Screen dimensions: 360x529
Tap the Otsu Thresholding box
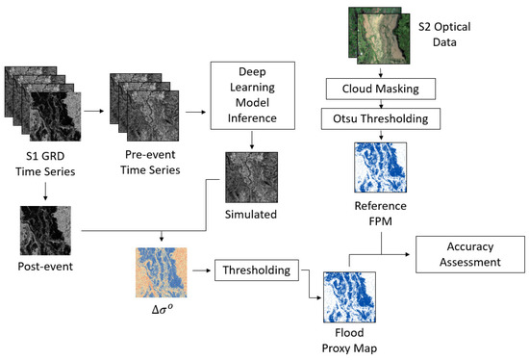(381, 119)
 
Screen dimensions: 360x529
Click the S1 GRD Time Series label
(38, 166)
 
